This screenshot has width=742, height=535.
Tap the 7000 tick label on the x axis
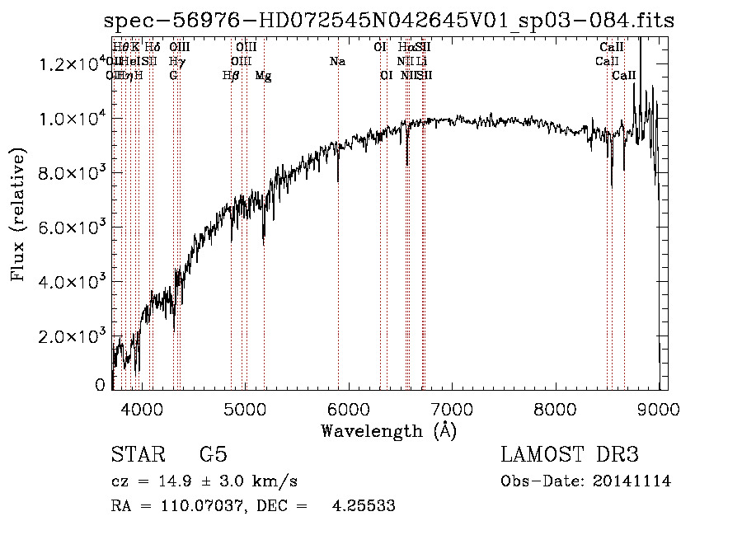click(452, 408)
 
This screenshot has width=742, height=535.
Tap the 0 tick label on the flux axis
click(101, 385)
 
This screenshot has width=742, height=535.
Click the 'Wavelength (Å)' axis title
click(388, 430)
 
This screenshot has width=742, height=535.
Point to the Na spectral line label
click(337, 62)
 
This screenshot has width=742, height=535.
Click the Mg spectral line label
click(263, 76)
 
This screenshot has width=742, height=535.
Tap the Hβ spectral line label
click(231, 76)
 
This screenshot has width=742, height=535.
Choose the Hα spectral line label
click(406, 48)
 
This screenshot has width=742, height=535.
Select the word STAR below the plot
click(138, 455)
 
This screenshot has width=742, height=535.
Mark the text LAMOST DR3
click(570, 455)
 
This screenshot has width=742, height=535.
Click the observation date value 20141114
click(633, 481)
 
